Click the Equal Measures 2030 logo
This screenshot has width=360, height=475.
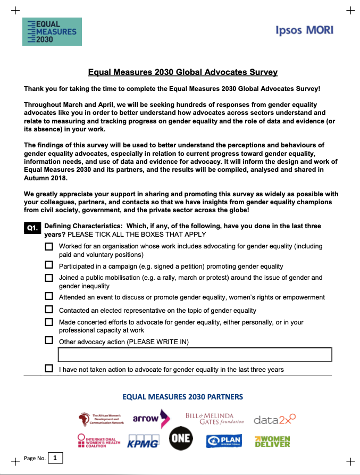[53, 32]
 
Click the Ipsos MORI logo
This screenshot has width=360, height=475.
[305, 30]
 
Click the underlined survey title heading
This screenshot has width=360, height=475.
[182, 72]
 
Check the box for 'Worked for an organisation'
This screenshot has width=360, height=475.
[49, 247]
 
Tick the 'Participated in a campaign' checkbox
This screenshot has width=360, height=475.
[49, 265]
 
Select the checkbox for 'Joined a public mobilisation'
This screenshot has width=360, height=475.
[49, 278]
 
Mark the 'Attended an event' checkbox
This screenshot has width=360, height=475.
[49, 296]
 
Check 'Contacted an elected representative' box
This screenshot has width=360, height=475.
[49, 310]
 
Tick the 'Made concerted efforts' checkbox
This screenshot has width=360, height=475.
[49, 322]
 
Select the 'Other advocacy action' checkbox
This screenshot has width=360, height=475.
[49, 341]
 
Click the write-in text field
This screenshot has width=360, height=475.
[195, 355]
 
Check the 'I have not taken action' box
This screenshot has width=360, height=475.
[49, 369]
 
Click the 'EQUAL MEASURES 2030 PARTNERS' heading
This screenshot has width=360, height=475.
[182, 397]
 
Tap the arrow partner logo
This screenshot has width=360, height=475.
[151, 419]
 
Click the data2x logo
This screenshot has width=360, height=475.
[274, 420]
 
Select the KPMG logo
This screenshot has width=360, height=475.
[143, 441]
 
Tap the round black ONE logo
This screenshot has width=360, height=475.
[181, 439]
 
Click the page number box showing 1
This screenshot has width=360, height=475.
[55, 457]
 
